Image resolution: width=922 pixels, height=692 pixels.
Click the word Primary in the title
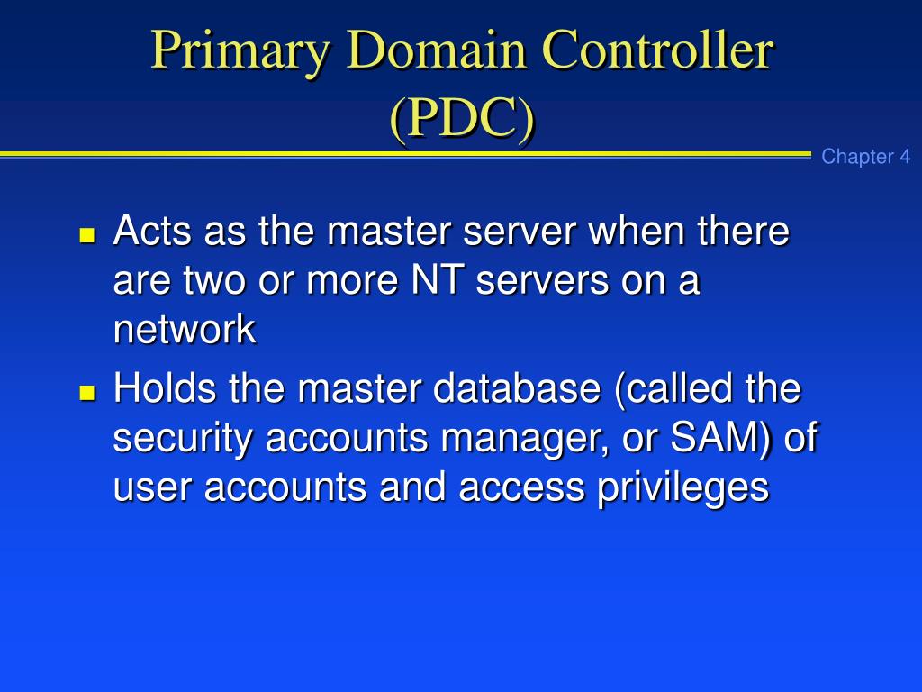[x=241, y=52]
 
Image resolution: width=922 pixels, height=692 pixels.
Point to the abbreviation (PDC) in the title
[x=462, y=119]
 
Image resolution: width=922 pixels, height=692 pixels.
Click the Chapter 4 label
[x=865, y=157]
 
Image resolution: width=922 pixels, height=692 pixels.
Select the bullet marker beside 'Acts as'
[x=87, y=237]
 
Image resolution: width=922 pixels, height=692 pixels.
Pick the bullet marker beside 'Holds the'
[x=87, y=394]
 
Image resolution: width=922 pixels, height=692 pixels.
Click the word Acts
[x=152, y=232]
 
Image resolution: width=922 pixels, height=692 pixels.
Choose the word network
[x=185, y=331]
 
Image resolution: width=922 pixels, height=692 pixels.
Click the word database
[x=517, y=389]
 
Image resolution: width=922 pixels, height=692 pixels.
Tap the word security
[x=185, y=439]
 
